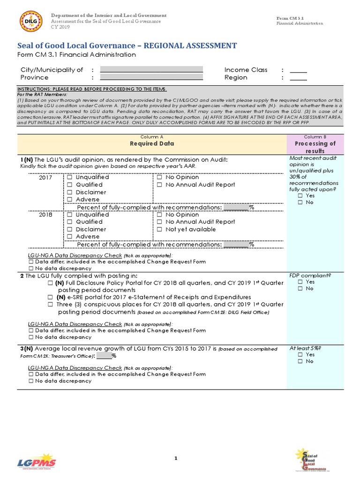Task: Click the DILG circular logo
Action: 30,22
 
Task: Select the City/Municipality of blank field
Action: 151,70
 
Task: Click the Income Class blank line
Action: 298,70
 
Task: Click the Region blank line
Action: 298,78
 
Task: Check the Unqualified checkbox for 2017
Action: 69,178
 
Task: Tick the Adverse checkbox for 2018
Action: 69,237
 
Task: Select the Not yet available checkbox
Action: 159,229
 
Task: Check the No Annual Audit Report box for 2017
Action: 159,185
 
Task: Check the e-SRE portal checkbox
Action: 50,297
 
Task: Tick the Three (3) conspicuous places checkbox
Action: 50,305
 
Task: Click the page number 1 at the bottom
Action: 176,458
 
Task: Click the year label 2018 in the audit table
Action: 45,215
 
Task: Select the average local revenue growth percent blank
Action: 104,355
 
